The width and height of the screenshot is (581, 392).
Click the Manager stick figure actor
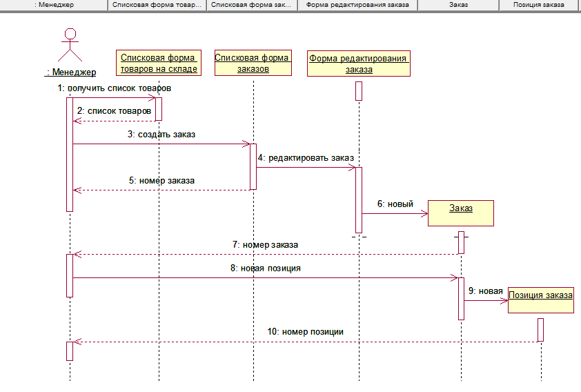point(69,46)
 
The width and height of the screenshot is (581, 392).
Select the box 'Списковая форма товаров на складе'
point(159,63)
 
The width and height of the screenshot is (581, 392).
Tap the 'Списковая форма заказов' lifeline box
point(253,63)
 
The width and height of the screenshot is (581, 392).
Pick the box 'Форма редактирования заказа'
point(359,63)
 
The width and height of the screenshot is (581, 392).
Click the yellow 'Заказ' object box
point(461,213)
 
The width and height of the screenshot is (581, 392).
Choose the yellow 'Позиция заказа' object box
point(540,300)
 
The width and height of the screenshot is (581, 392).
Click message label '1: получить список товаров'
point(115,89)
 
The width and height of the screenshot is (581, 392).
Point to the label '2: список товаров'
point(114,110)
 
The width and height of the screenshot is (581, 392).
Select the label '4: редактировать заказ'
point(306,158)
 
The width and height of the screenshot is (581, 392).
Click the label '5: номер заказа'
point(162,181)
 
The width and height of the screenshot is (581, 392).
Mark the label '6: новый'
point(395,204)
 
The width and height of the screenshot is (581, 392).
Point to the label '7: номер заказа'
point(265,244)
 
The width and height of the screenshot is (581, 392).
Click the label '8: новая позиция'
point(266,268)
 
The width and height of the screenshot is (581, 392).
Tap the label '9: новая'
point(485,291)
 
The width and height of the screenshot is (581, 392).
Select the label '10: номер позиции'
point(306,331)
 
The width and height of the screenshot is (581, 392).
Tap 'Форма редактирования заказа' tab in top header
point(357,5)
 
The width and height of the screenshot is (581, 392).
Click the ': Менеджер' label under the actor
point(70,72)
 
